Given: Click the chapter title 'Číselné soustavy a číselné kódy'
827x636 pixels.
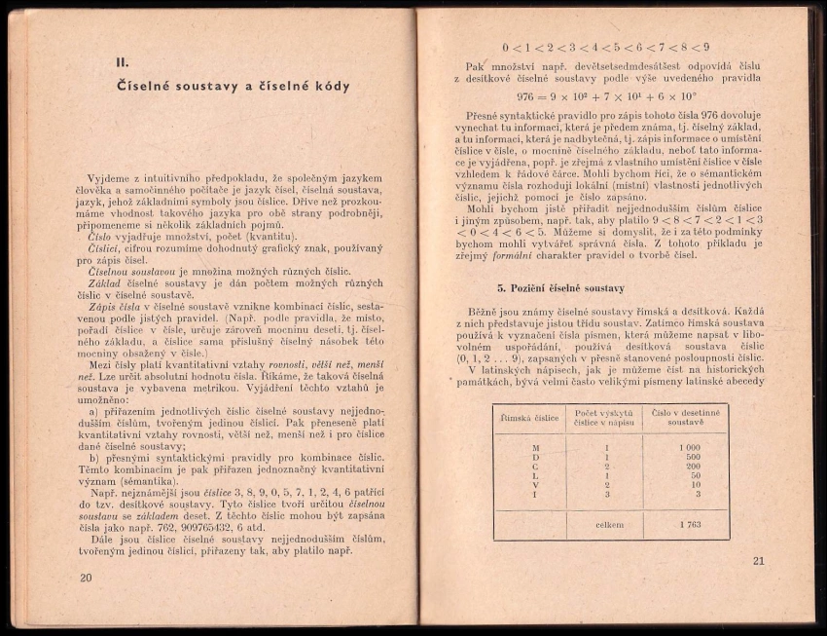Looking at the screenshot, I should point(233,86).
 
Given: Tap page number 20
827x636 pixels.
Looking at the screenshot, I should point(86,577).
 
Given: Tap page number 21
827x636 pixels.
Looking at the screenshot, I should point(759,560).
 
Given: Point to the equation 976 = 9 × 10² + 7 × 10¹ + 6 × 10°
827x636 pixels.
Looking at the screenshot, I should point(606,96).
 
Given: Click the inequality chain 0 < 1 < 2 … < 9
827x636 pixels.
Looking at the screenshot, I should point(605,47).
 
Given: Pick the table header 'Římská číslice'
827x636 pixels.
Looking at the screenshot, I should point(528,418).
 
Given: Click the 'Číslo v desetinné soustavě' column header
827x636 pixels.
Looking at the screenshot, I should point(686,418).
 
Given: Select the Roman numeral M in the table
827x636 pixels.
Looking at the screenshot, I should point(535,447).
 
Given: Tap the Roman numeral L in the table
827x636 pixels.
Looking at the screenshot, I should point(535,475).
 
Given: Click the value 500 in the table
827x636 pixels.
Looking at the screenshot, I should point(691,457).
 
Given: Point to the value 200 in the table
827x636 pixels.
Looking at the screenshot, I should point(691,466).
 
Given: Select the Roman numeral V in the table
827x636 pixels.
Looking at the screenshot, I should point(535,485).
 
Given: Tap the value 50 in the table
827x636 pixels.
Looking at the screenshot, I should point(694,475).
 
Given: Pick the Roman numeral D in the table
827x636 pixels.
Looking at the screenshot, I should point(535,457).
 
